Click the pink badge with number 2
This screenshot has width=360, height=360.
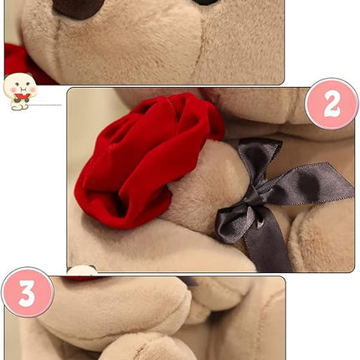[331, 104]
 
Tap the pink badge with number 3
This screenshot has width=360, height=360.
[27, 293]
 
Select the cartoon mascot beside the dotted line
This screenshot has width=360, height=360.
[19, 90]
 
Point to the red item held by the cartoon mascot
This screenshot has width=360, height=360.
[21, 97]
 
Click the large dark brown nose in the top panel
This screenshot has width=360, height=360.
[77, 8]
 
